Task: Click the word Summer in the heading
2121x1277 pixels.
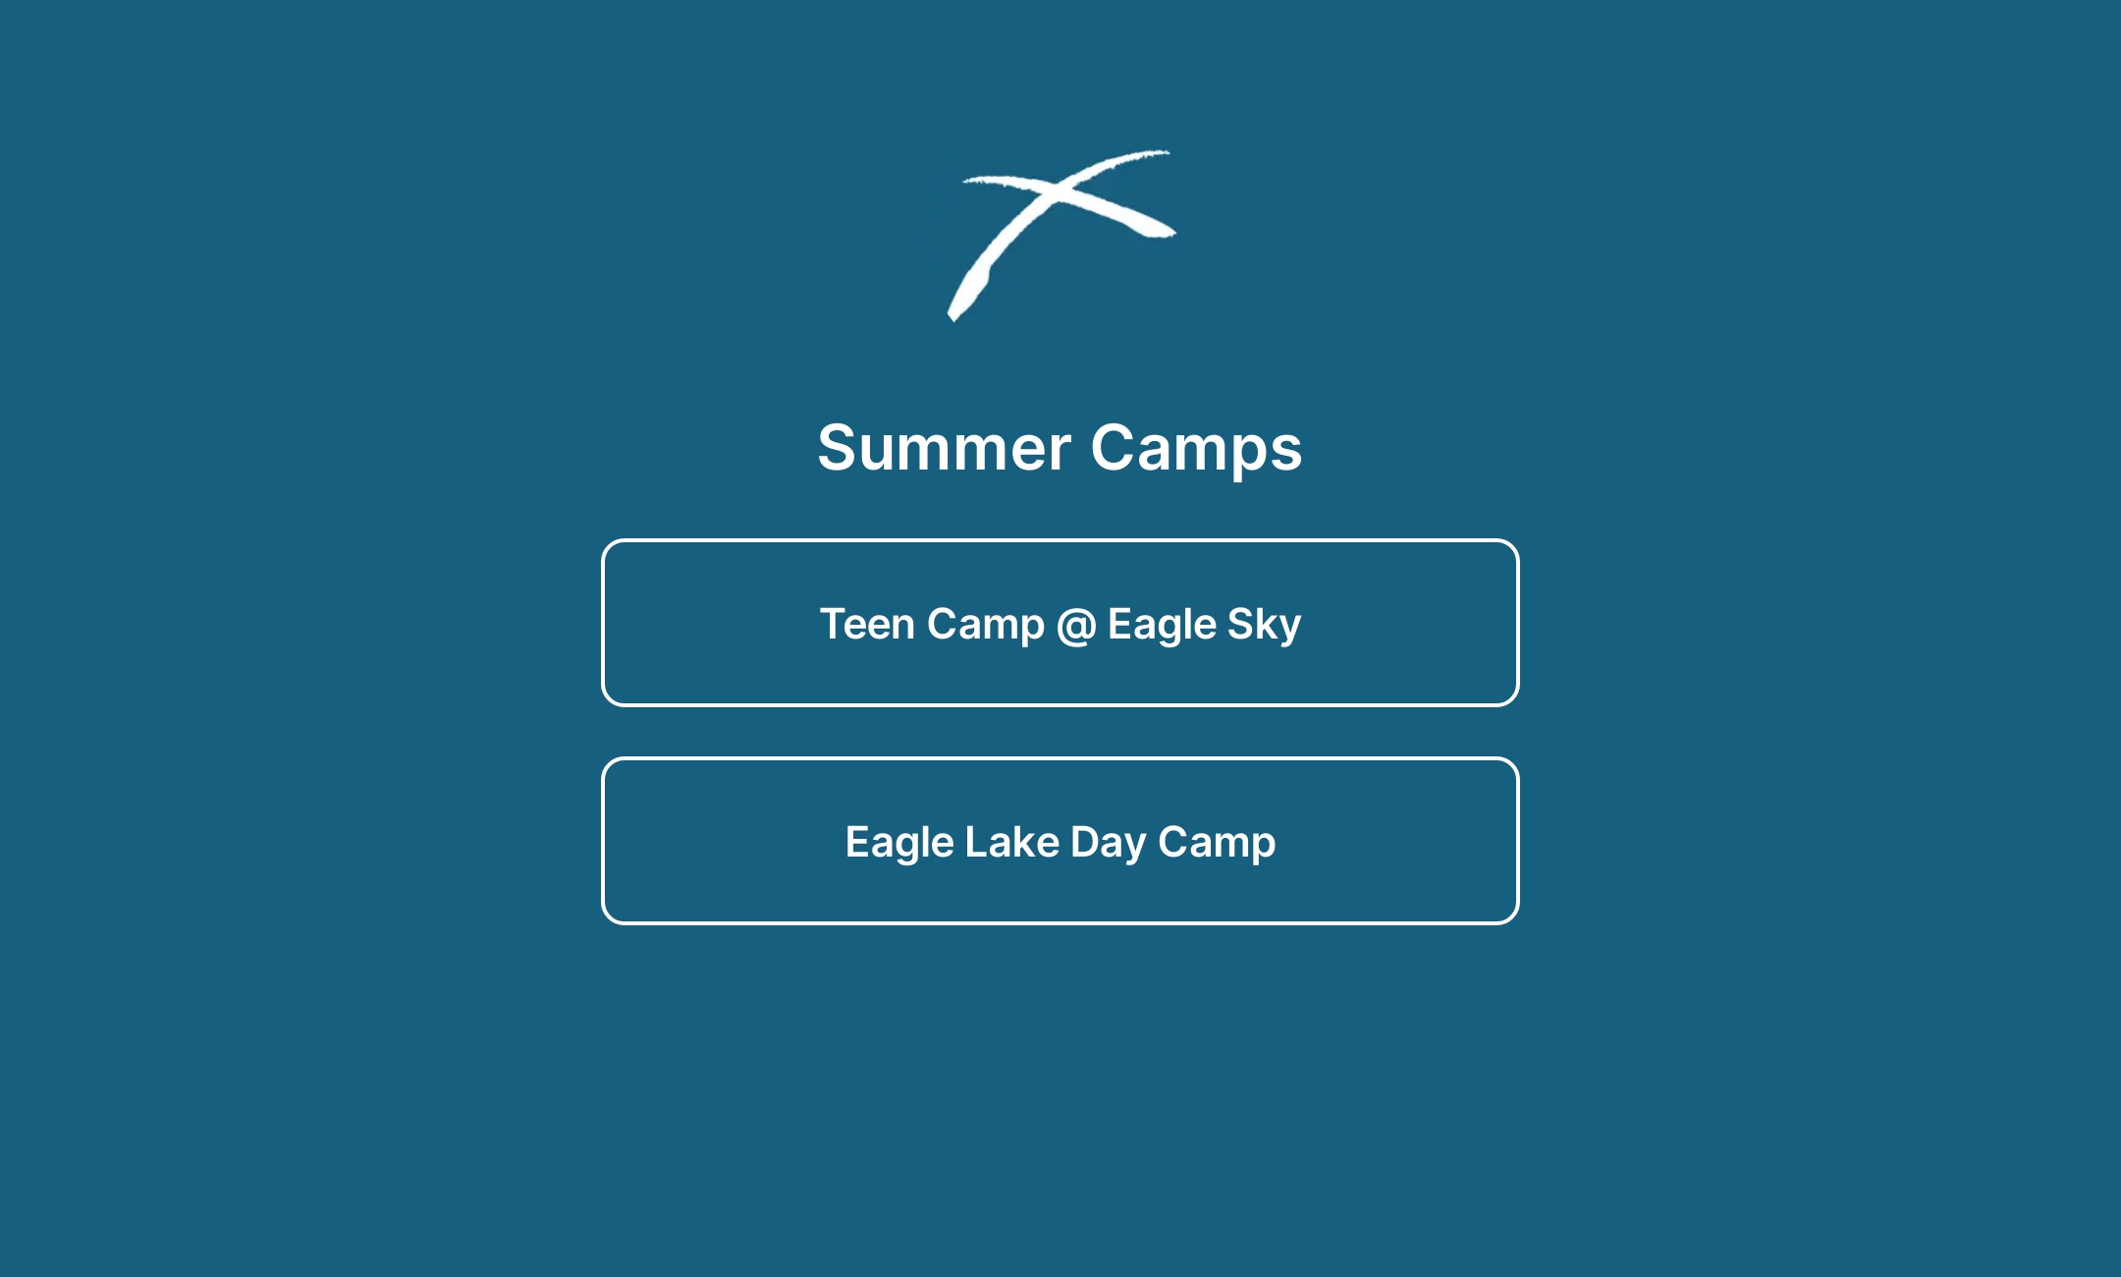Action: pyautogui.click(x=944, y=448)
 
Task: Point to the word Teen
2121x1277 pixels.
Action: pyautogui.click(x=867, y=625)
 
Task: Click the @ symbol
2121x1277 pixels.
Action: pyautogui.click(x=1076, y=626)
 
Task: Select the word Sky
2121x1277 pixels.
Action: pyautogui.click(x=1264, y=626)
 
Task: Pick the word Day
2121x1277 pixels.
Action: pyautogui.click(x=1108, y=844)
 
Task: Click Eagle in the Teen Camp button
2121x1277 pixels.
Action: pyautogui.click(x=1162, y=626)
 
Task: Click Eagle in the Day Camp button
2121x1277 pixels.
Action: pyautogui.click(x=899, y=844)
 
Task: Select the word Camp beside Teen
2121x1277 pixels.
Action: pyautogui.click(x=986, y=626)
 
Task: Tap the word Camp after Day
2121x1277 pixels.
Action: pyautogui.click(x=1217, y=844)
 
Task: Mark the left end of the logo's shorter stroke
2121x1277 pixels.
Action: pyautogui.click(x=967, y=180)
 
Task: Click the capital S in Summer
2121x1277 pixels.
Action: pyautogui.click(x=838, y=448)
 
